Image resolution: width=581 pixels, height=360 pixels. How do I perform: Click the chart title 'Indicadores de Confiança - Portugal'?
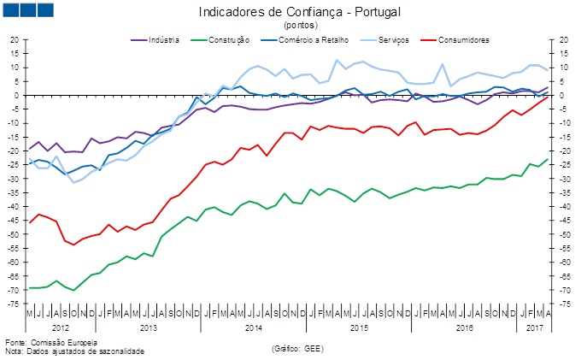[299, 13]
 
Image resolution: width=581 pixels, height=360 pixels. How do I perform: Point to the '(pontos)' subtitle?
[299, 26]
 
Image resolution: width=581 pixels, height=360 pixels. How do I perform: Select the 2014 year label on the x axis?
[253, 328]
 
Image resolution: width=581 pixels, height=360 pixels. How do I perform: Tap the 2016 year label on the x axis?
[465, 328]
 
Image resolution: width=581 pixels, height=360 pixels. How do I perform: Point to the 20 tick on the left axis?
[15, 39]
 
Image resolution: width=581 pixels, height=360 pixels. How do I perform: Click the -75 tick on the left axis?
[13, 304]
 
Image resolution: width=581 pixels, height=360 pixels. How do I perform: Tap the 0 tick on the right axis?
[562, 95]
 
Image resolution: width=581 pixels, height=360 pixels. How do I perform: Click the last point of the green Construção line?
[548, 159]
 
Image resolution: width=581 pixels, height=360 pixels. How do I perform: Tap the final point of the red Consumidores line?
[548, 97]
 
